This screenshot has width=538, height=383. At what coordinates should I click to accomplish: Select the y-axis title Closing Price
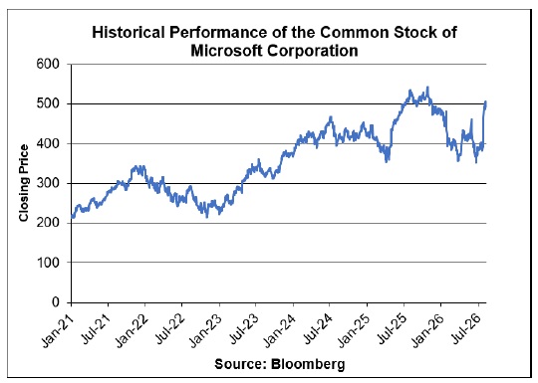[24, 183]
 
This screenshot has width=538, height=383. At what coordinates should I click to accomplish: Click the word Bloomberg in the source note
[308, 364]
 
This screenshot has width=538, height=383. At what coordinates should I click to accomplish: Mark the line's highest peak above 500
[427, 88]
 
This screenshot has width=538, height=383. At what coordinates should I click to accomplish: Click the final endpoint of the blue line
[485, 102]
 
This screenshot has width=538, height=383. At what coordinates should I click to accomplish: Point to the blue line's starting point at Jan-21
[72, 217]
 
